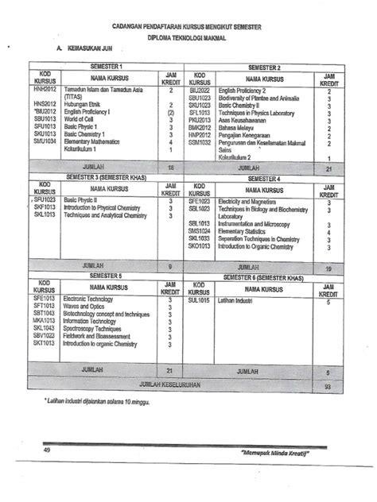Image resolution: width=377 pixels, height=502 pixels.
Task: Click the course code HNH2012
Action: (x=44, y=91)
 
